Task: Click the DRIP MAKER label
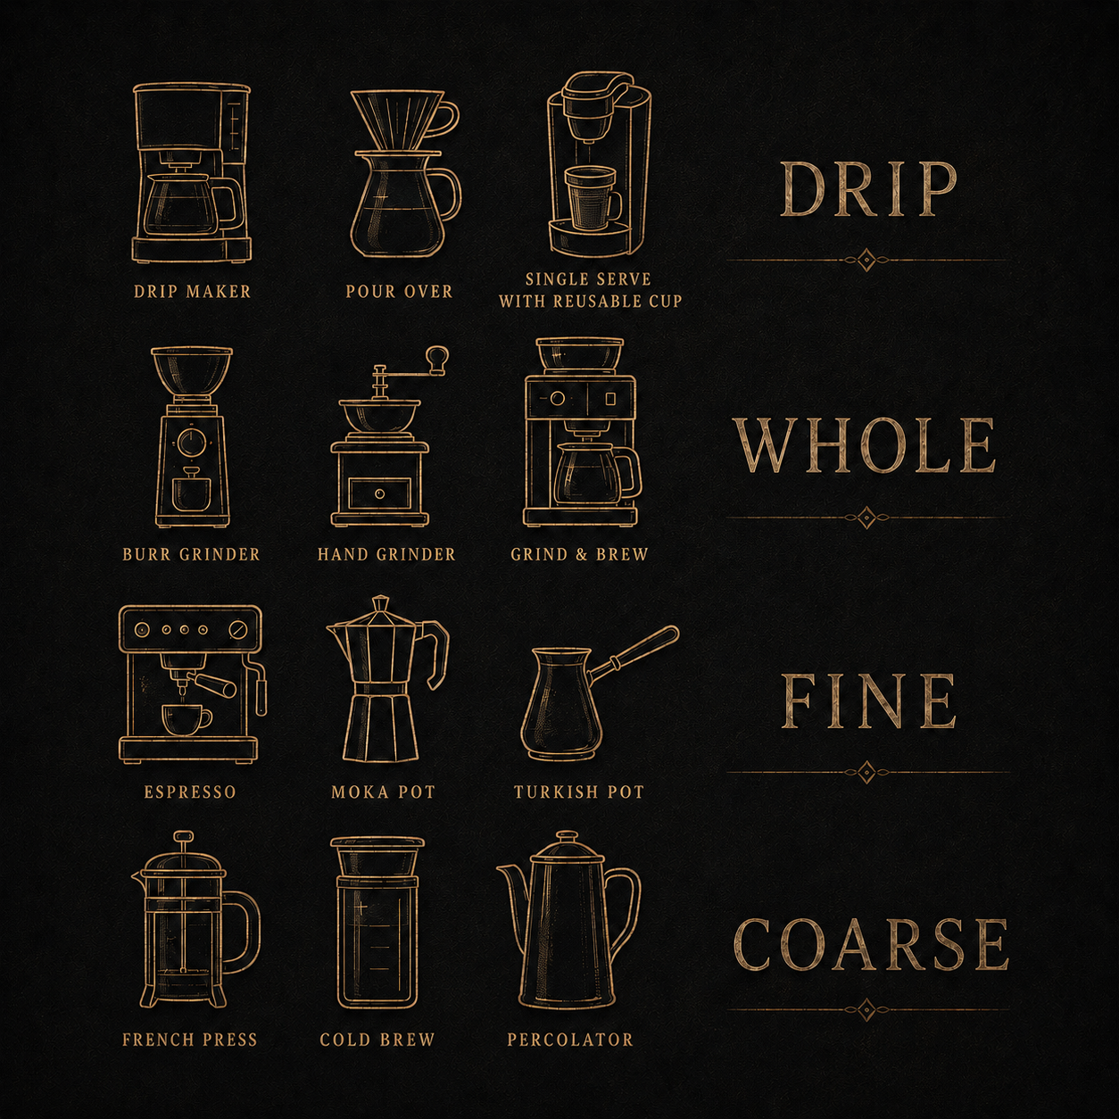point(192,292)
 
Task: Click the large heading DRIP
point(867,190)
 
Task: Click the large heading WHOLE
point(866,446)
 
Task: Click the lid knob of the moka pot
point(380,603)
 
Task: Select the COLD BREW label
point(377,1039)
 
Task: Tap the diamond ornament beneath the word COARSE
point(867,1010)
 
